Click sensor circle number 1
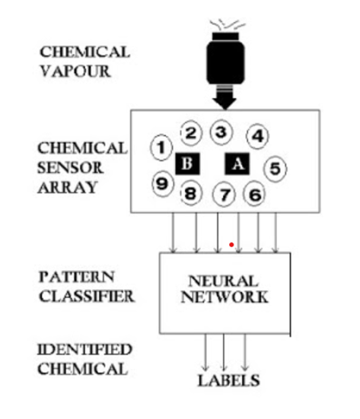[161, 148]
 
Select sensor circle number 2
[191, 133]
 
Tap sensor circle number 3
[221, 132]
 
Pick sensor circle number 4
[257, 136]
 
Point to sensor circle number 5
[276, 169]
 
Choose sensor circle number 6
[254, 193]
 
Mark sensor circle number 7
[224, 195]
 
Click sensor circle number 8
[191, 193]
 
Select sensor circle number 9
[162, 183]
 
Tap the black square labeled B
[187, 163]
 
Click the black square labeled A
[237, 163]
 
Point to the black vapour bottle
[225, 59]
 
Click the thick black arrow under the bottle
[225, 97]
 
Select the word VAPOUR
[75, 71]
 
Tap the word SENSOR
[70, 168]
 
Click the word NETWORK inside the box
[225, 297]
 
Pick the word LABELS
[228, 380]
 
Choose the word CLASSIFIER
[87, 297]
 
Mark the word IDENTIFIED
[84, 350]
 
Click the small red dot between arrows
[231, 245]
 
